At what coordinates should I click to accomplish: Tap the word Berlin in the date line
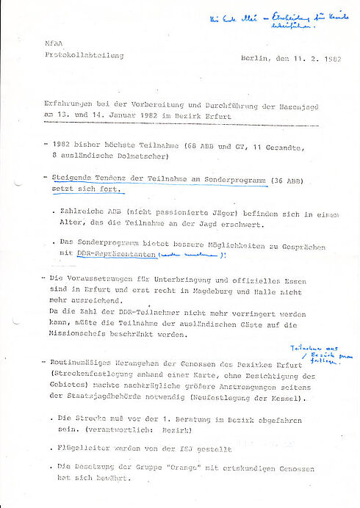[253, 57]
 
